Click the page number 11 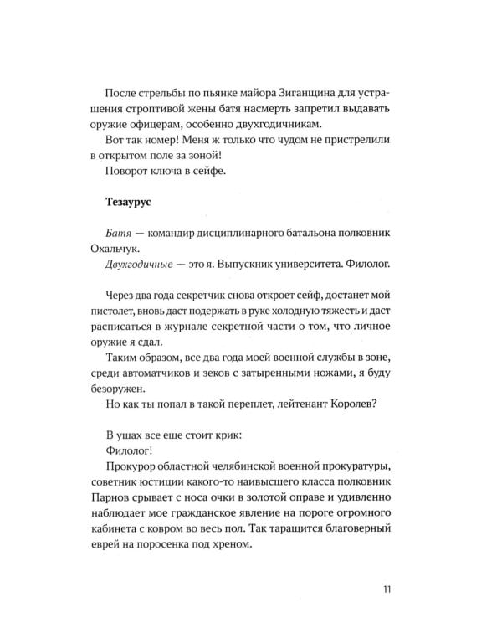[x=387, y=588]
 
